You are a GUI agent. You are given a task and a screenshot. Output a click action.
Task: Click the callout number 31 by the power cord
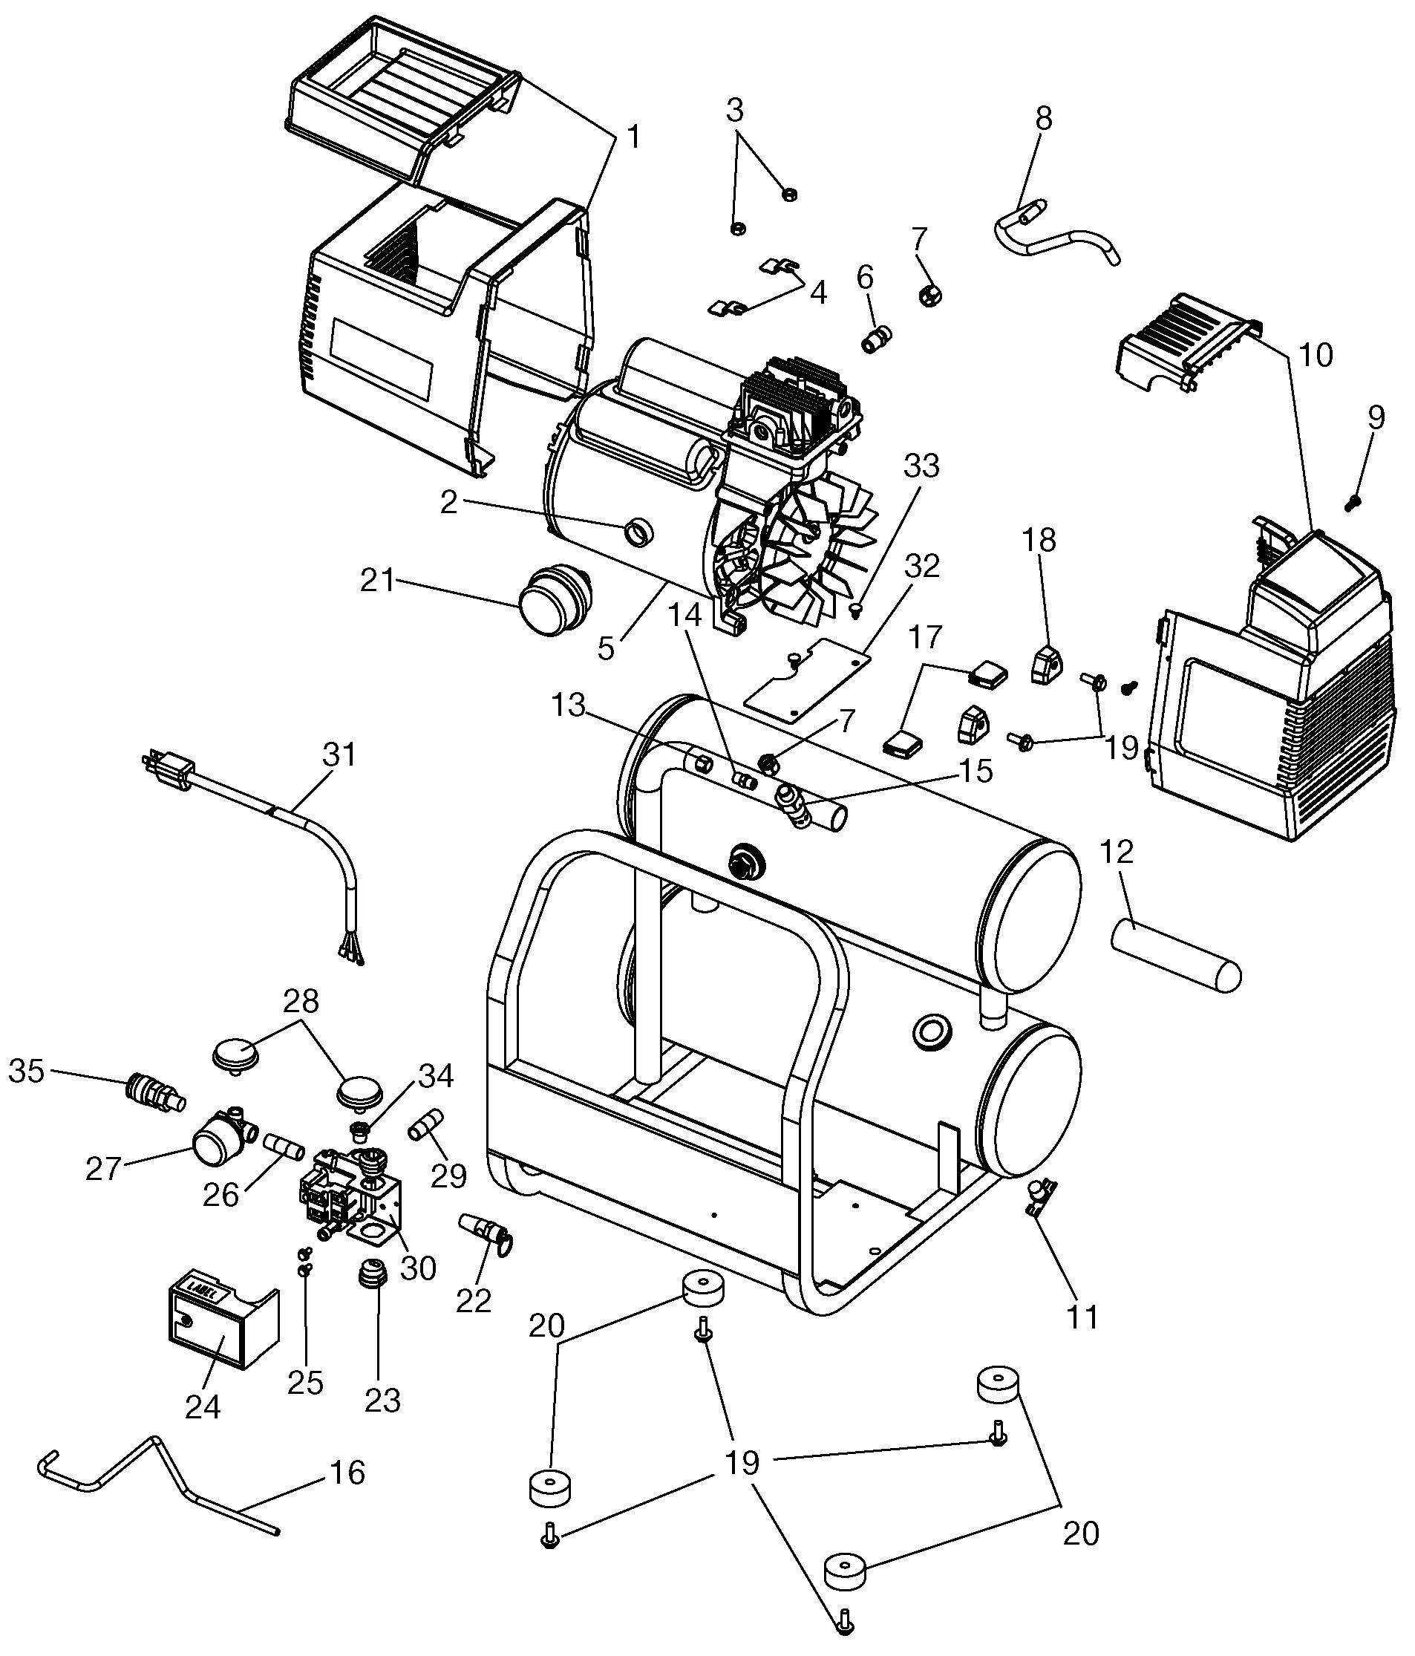339,754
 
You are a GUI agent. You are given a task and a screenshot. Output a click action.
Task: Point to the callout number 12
1117,851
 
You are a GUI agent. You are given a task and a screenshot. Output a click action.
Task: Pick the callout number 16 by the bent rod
347,1471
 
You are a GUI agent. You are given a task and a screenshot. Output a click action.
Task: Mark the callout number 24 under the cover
203,1406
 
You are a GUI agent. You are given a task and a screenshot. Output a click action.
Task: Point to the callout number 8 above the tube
1044,117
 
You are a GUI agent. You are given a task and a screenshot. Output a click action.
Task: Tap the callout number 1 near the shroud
633,137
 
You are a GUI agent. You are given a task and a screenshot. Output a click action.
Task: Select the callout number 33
921,465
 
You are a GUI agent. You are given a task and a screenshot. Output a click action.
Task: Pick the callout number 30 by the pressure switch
418,1268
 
